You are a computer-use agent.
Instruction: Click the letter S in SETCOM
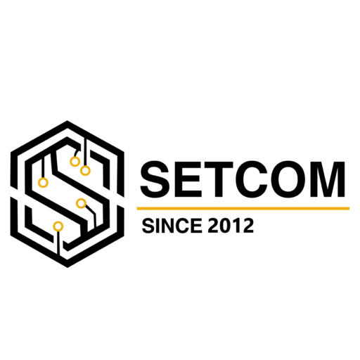[155, 179]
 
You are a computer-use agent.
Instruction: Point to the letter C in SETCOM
[252, 179]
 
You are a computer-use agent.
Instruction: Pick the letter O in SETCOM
[289, 179]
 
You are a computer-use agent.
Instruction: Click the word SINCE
[172, 226]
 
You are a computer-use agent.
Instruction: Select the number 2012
[231, 226]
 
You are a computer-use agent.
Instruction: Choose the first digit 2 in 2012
[214, 226]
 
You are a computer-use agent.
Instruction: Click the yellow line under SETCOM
[243, 208]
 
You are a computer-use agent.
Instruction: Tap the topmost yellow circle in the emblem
[75, 161]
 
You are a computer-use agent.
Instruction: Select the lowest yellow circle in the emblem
[58, 226]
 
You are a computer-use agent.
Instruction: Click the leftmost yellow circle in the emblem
[43, 182]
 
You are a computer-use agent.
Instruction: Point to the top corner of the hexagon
[67, 121]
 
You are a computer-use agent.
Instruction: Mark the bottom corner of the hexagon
[67, 267]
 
